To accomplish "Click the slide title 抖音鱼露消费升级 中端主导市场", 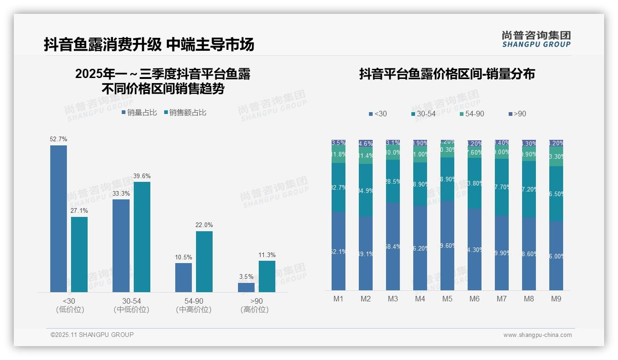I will [149, 45].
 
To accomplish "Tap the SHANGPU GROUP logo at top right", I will [536, 39].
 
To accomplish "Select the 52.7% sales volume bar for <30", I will [59, 218].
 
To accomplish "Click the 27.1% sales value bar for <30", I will [79, 254].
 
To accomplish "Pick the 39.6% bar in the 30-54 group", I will [142, 237].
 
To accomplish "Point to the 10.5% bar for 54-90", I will [184, 277].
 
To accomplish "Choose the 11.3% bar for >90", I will [267, 276].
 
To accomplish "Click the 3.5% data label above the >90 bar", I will [246, 277].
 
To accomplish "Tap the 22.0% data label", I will [204, 225].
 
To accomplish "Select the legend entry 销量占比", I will [139, 113].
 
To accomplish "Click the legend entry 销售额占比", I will [185, 113].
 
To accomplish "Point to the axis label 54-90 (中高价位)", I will [194, 305].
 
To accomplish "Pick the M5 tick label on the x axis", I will [447, 299].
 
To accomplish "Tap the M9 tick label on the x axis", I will [556, 299].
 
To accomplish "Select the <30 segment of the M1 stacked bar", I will [339, 251].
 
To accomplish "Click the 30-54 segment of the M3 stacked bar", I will [393, 181].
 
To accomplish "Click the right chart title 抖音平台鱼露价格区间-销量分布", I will [447, 74].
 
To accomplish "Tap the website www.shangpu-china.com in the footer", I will [537, 335].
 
